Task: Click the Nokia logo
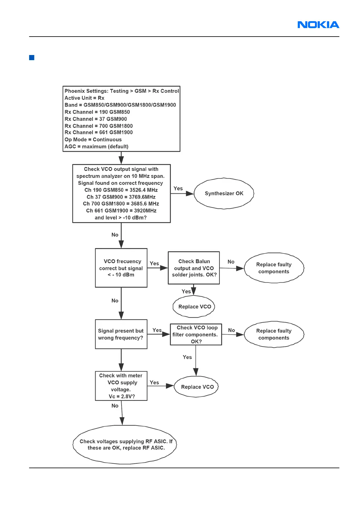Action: tap(318, 25)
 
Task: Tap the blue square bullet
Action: tap(32, 57)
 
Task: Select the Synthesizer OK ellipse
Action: tap(224, 193)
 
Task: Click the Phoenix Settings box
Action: tap(121, 119)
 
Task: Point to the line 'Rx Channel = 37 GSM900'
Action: tap(96, 119)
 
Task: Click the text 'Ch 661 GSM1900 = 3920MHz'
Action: tap(121, 211)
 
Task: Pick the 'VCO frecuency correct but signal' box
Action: tap(121, 268)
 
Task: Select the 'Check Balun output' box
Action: tap(194, 268)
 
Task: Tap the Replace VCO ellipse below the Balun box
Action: tap(194, 307)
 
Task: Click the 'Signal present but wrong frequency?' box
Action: tap(121, 334)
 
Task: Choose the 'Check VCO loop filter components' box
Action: tap(196, 334)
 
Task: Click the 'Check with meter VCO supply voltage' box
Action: tap(121, 386)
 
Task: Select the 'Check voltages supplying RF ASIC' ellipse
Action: tap(125, 445)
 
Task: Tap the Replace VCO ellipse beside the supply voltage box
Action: tap(197, 387)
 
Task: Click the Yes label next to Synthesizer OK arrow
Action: tap(178, 189)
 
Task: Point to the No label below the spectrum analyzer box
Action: tap(115, 235)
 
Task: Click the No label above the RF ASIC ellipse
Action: tap(115, 406)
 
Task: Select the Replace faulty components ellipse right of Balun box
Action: tap(274, 268)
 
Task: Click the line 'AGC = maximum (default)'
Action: tap(96, 147)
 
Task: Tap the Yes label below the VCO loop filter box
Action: tap(187, 357)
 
